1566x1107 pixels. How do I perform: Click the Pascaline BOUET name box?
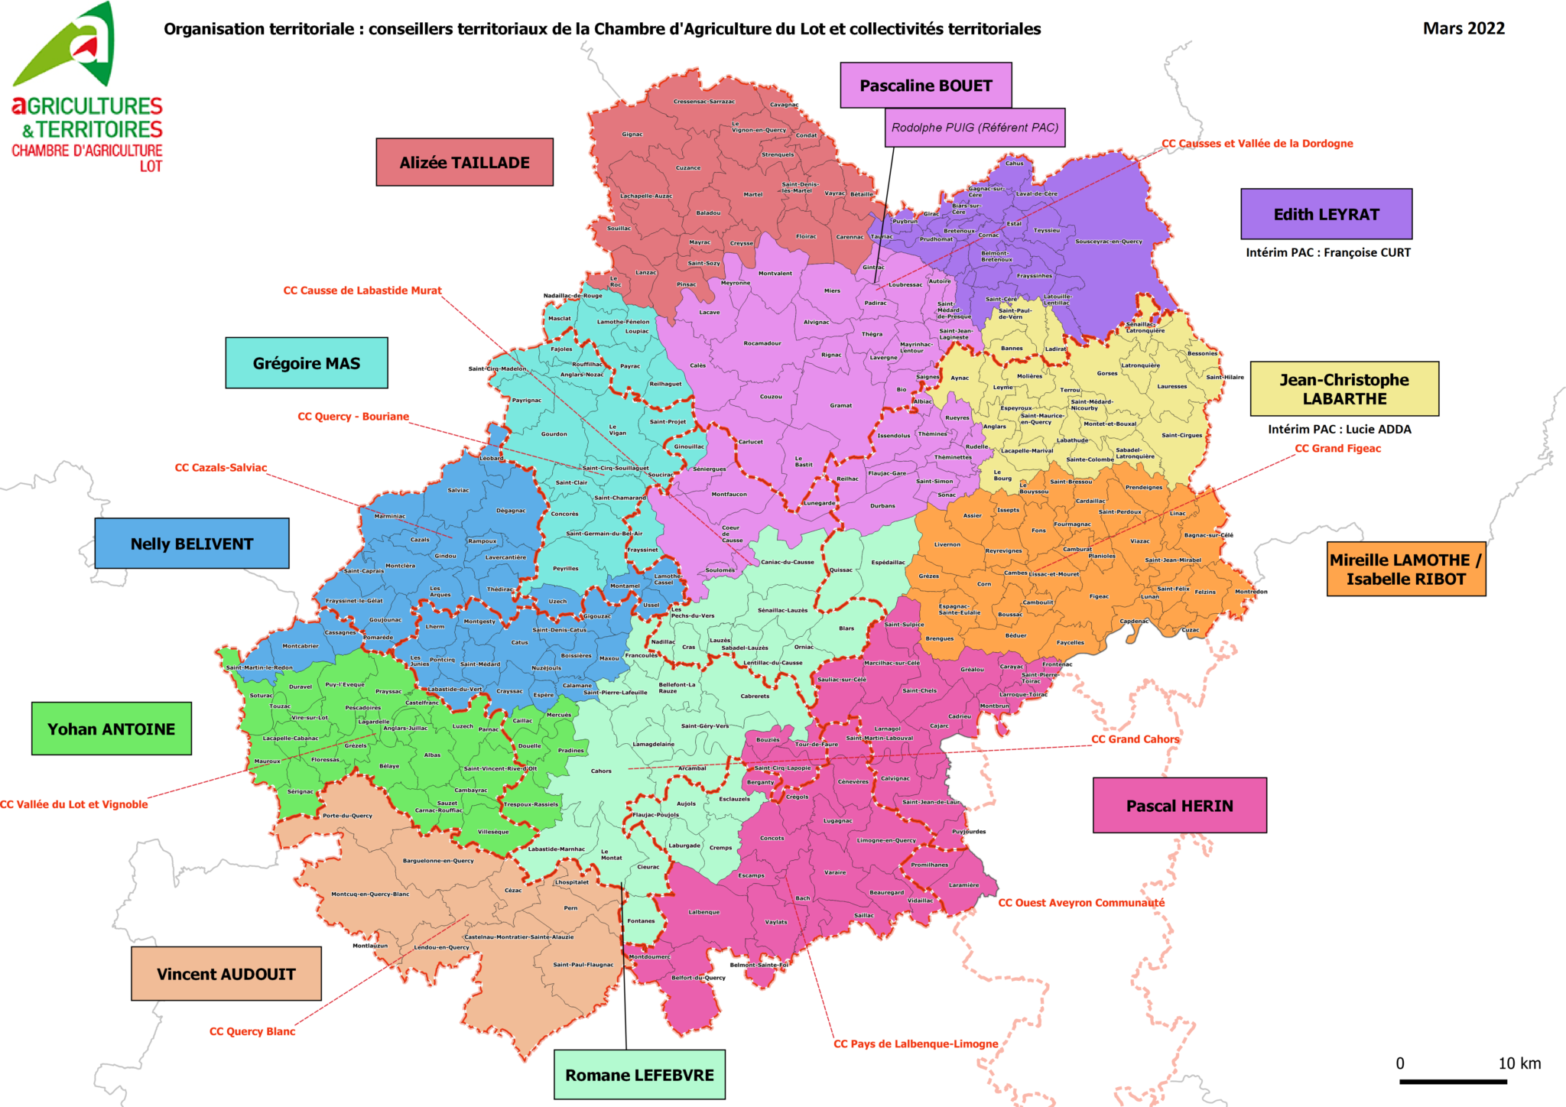[x=925, y=86]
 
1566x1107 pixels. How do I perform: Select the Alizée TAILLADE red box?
[x=464, y=162]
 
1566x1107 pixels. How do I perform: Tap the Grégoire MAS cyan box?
[x=306, y=363]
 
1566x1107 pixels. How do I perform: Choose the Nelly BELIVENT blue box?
[x=191, y=544]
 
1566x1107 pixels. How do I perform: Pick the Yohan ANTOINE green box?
[x=111, y=729]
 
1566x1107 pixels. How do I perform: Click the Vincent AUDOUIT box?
[x=226, y=973]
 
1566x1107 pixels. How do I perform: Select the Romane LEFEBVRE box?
[x=639, y=1074]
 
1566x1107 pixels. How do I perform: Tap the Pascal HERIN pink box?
[x=1179, y=805]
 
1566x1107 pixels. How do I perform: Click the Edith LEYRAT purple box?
[x=1326, y=214]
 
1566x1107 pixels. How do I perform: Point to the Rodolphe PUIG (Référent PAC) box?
[x=975, y=128]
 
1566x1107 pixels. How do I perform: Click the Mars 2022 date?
[x=1463, y=28]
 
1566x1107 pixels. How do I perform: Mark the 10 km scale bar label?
[x=1519, y=1063]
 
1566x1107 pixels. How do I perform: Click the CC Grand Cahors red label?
[x=1135, y=739]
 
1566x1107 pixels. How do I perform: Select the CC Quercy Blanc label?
[x=252, y=1031]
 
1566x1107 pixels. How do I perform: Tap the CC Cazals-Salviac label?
[x=221, y=467]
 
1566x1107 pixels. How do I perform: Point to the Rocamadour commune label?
[x=762, y=343]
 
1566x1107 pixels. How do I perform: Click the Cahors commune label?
[x=601, y=771]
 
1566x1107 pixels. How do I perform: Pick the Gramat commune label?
[x=840, y=405]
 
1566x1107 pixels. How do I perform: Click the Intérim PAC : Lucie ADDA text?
[x=1339, y=429]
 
